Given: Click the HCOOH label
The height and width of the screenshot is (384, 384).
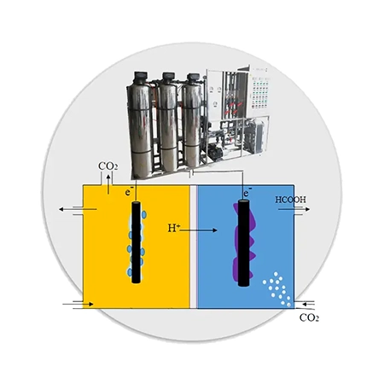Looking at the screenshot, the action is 290,200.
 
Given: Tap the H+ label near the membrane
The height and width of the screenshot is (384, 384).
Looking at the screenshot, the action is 173,228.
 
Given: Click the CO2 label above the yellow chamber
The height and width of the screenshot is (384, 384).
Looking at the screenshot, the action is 108,166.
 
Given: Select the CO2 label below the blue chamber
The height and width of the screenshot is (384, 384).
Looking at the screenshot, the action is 309,317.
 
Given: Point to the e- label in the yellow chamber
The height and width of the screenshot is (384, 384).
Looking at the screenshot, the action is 128,192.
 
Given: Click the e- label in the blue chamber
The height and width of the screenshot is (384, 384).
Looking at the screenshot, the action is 247,192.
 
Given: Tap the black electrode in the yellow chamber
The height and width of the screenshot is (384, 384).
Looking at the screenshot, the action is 137,242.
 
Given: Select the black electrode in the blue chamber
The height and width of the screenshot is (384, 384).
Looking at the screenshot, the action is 243,242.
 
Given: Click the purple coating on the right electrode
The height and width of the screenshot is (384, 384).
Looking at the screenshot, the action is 243,241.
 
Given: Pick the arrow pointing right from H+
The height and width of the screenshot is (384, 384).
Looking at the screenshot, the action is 199,230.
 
